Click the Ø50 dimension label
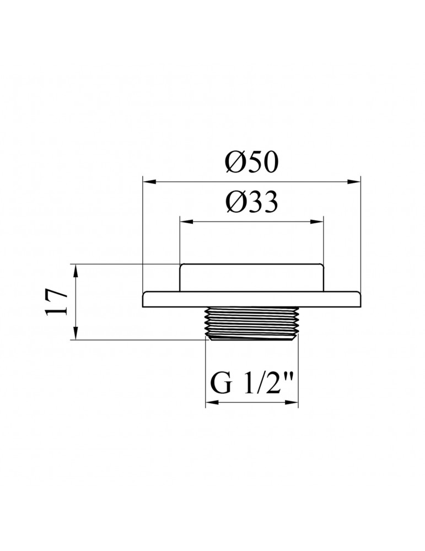[x=252, y=163]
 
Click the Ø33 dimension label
[x=252, y=202]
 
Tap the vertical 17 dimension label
[x=57, y=303]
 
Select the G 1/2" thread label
[x=251, y=384]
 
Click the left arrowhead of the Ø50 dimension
[x=149, y=181]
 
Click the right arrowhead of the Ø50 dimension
[x=354, y=181]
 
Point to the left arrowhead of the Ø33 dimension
[x=187, y=222]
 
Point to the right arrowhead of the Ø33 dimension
[x=316, y=222]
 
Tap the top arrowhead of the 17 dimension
[x=76, y=271]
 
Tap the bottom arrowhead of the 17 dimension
[x=76, y=333]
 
